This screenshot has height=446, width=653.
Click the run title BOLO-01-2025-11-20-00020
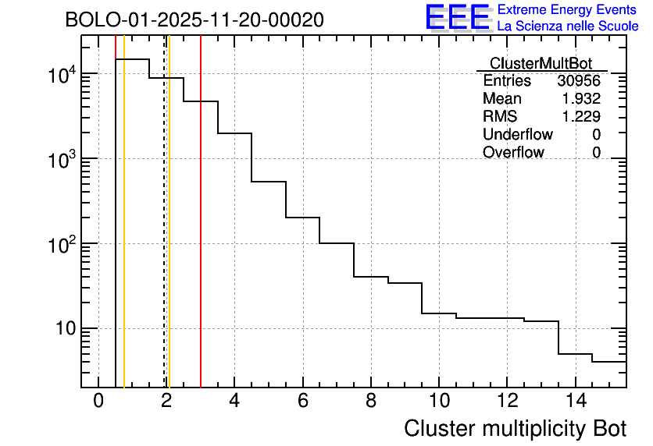194,19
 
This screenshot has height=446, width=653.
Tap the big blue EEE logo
457,17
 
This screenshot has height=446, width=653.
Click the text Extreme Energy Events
567,10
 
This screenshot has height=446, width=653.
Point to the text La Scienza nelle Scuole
567,27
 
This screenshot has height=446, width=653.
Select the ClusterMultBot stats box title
541,63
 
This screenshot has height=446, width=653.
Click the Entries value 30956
579,81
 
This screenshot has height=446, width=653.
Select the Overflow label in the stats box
513,153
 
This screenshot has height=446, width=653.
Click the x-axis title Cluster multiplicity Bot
515,428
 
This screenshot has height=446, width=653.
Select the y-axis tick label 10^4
62,76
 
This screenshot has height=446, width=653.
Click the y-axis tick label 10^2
62,246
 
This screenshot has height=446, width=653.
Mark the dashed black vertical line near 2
164,234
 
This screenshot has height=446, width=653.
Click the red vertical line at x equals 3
201,234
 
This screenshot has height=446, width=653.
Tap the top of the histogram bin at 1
132,59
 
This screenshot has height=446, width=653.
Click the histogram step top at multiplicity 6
302,218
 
